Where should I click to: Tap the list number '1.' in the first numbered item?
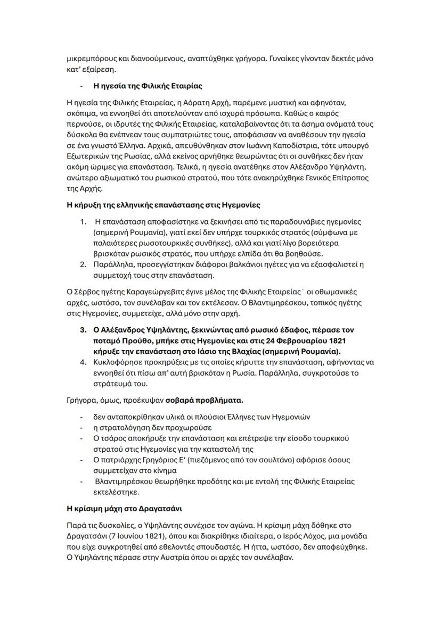pyautogui.click(x=83, y=221)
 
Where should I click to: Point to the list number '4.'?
pyautogui.click(x=83, y=362)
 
